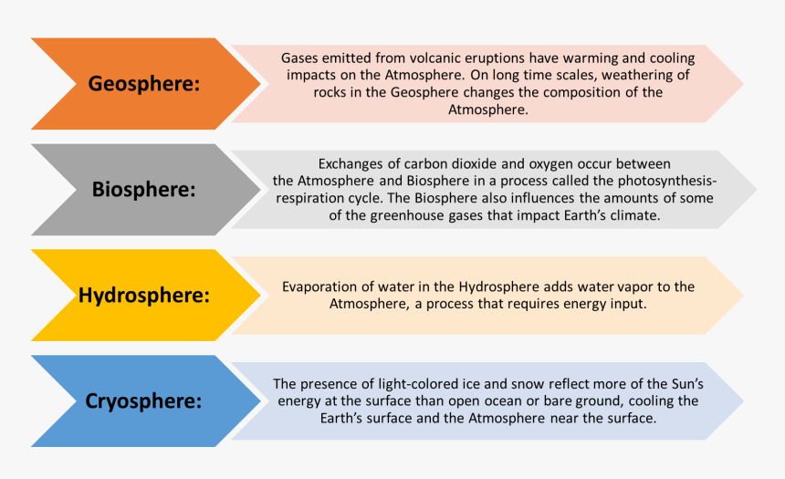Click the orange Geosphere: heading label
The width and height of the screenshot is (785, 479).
coord(143,84)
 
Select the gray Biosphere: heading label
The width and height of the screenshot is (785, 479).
coord(144,190)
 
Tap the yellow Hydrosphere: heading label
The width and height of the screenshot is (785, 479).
coord(144,296)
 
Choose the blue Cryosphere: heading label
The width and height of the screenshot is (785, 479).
coord(144,401)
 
